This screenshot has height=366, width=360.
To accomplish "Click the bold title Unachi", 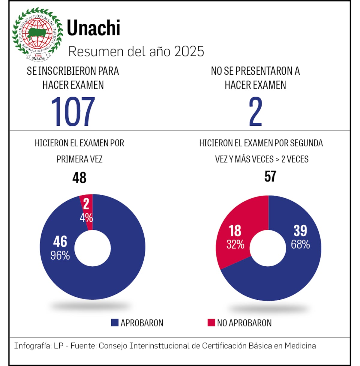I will (93, 28).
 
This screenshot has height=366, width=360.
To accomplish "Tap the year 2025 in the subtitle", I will (189, 52).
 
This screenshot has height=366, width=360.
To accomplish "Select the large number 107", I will (73, 112).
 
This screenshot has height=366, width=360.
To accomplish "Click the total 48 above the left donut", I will (79, 178).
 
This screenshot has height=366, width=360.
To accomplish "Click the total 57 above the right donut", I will (270, 176).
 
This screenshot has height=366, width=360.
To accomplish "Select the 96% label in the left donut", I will (60, 256).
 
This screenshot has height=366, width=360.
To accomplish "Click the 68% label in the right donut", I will (300, 244).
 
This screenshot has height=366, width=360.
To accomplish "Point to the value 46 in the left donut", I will (60, 241).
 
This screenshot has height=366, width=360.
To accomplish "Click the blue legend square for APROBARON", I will (115, 323).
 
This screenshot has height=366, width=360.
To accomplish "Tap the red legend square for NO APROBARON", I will (211, 323).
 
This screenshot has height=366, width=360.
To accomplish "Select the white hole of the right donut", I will (268, 248).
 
